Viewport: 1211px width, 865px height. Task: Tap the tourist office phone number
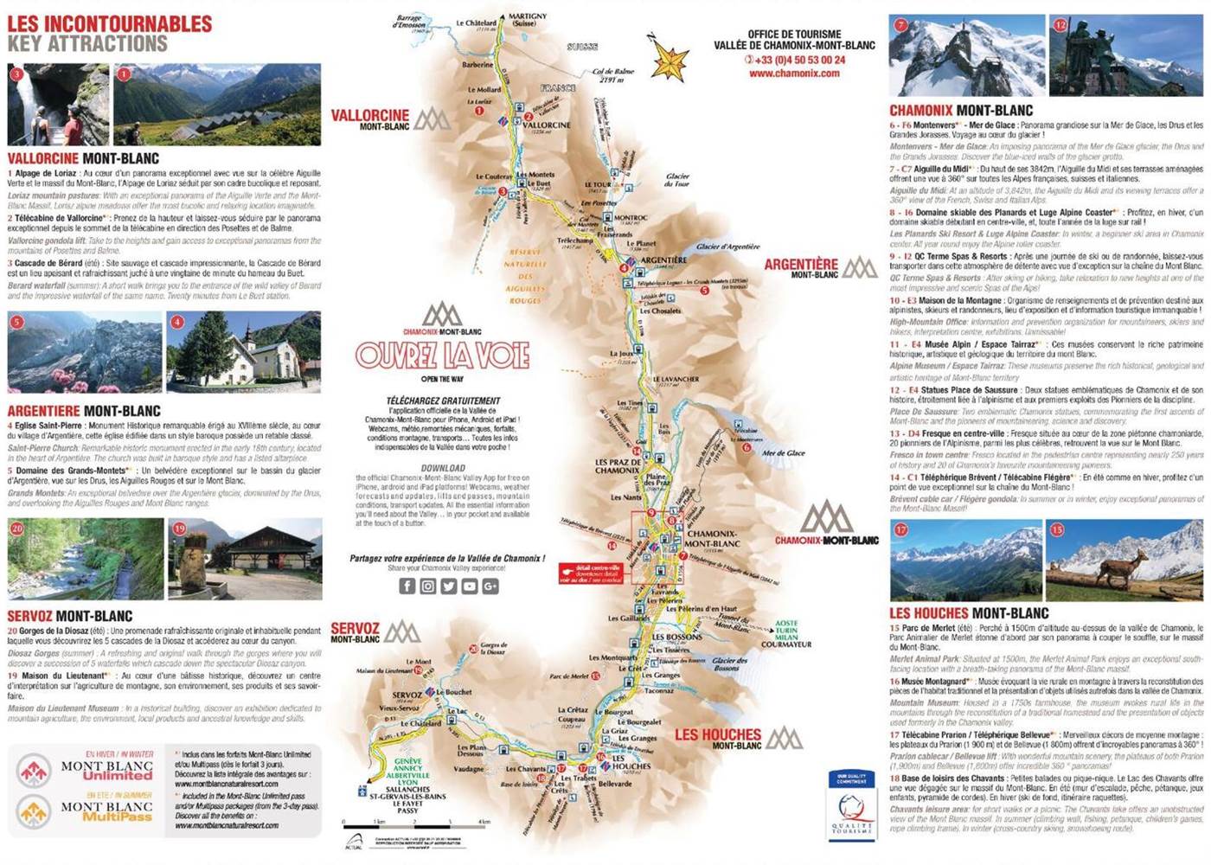point(795,60)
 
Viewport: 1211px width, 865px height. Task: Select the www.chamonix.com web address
point(794,74)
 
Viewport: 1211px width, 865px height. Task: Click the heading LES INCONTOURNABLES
point(110,24)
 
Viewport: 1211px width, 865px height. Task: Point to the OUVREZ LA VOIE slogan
point(442,356)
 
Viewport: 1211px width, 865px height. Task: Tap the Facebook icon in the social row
point(407,586)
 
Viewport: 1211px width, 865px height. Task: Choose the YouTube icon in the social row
point(470,586)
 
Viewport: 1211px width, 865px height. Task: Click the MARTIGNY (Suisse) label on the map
point(527,19)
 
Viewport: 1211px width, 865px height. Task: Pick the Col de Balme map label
point(613,75)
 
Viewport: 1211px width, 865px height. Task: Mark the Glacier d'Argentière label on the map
point(727,247)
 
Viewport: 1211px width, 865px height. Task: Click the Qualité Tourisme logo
point(851,804)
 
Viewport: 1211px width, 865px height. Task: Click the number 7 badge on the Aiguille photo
point(900,25)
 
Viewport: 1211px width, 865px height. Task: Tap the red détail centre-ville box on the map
point(591,573)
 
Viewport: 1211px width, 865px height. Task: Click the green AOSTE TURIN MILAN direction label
point(786,632)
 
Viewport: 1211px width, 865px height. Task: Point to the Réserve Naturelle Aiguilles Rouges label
point(525,276)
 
